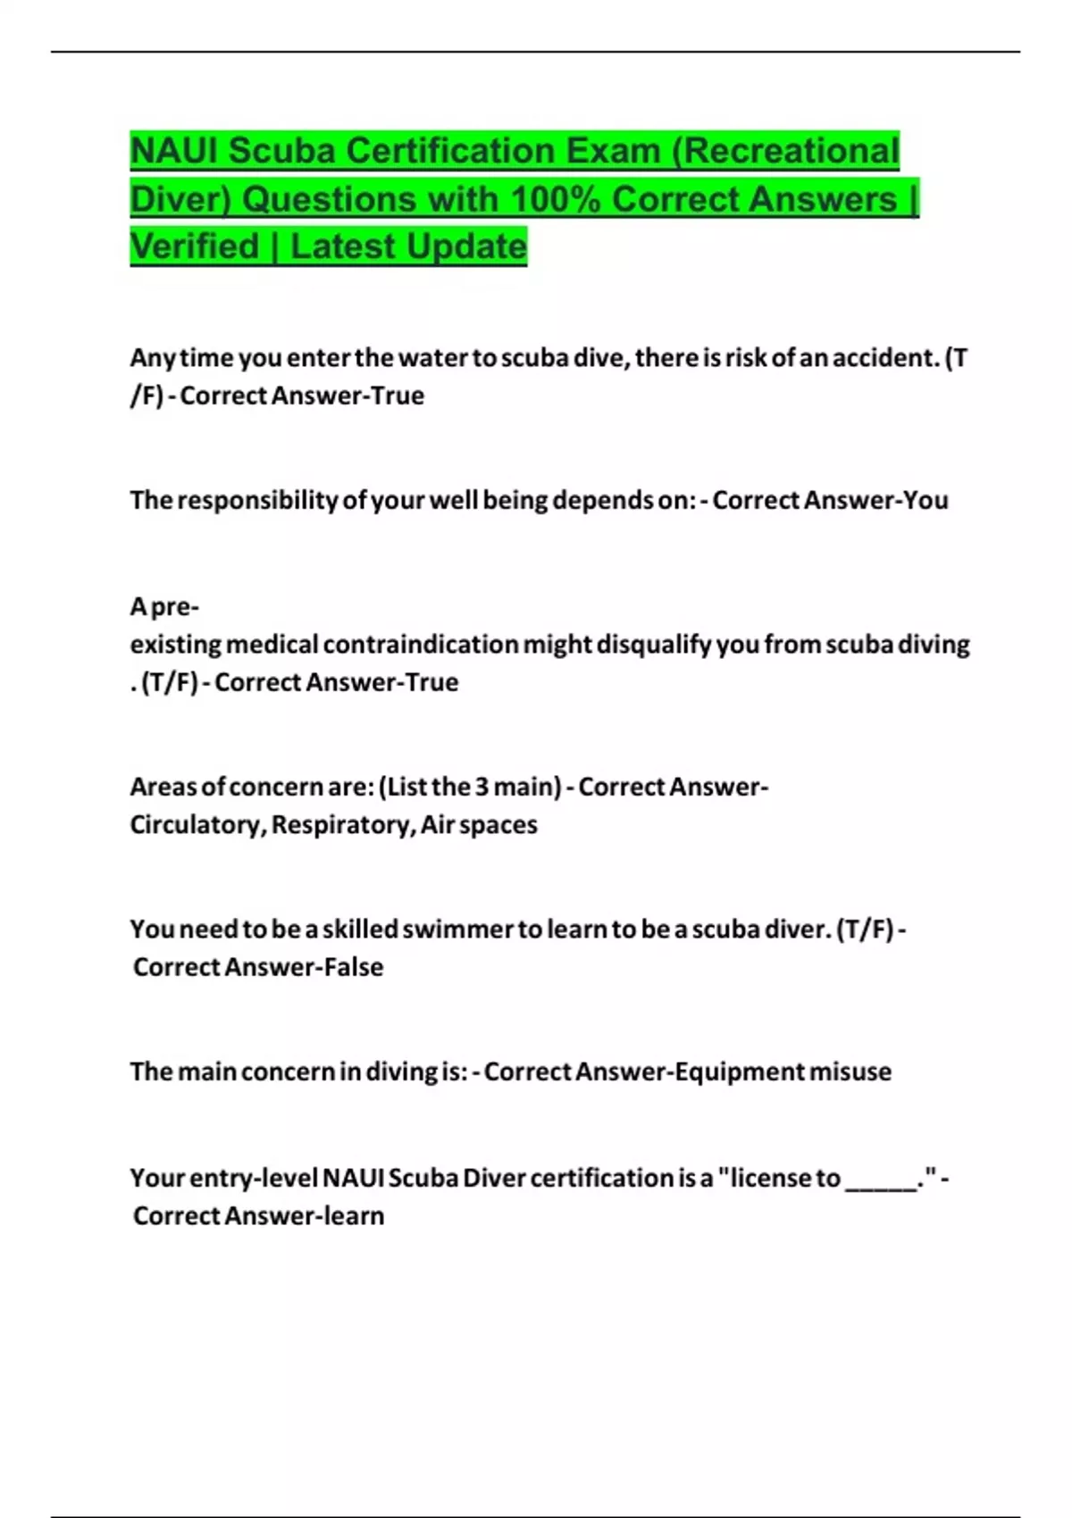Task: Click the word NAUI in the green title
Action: click(x=175, y=151)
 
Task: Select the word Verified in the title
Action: click(x=194, y=246)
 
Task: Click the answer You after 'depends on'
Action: click(x=925, y=500)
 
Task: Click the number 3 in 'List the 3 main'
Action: click(x=482, y=788)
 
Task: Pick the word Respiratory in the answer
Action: click(x=342, y=825)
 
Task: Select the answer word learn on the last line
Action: click(x=355, y=1216)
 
